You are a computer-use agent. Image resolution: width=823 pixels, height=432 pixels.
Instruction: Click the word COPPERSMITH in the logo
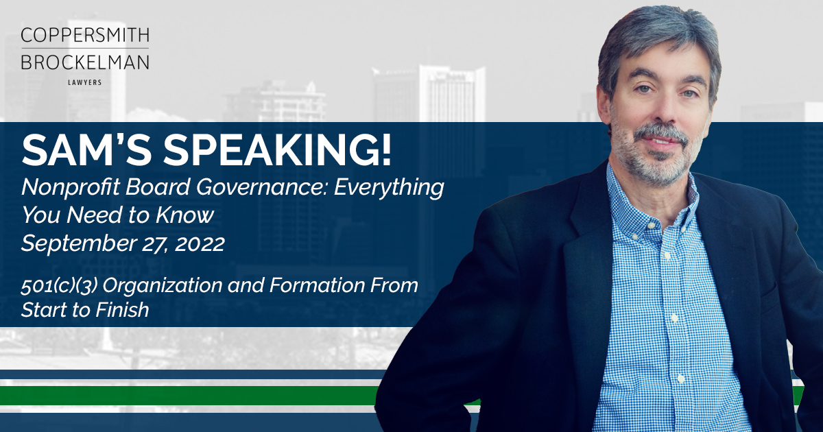pyautogui.click(x=85, y=35)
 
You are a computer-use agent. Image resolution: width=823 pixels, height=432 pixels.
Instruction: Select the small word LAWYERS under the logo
pyautogui.click(x=85, y=83)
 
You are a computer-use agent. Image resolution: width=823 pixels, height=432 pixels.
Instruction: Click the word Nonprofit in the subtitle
pyautogui.click(x=71, y=187)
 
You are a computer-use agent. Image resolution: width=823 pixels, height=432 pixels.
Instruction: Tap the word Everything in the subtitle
pyautogui.click(x=389, y=188)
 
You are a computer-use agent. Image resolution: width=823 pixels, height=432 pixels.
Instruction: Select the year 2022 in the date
pyautogui.click(x=200, y=244)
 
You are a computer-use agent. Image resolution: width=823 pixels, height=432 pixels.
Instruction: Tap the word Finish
pyautogui.click(x=122, y=310)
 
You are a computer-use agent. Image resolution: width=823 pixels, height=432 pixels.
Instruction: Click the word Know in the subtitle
pyautogui.click(x=184, y=215)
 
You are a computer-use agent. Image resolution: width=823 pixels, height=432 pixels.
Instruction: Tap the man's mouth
pyautogui.click(x=661, y=141)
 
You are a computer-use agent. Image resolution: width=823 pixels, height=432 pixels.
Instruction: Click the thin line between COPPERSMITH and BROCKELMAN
pyautogui.click(x=85, y=48)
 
